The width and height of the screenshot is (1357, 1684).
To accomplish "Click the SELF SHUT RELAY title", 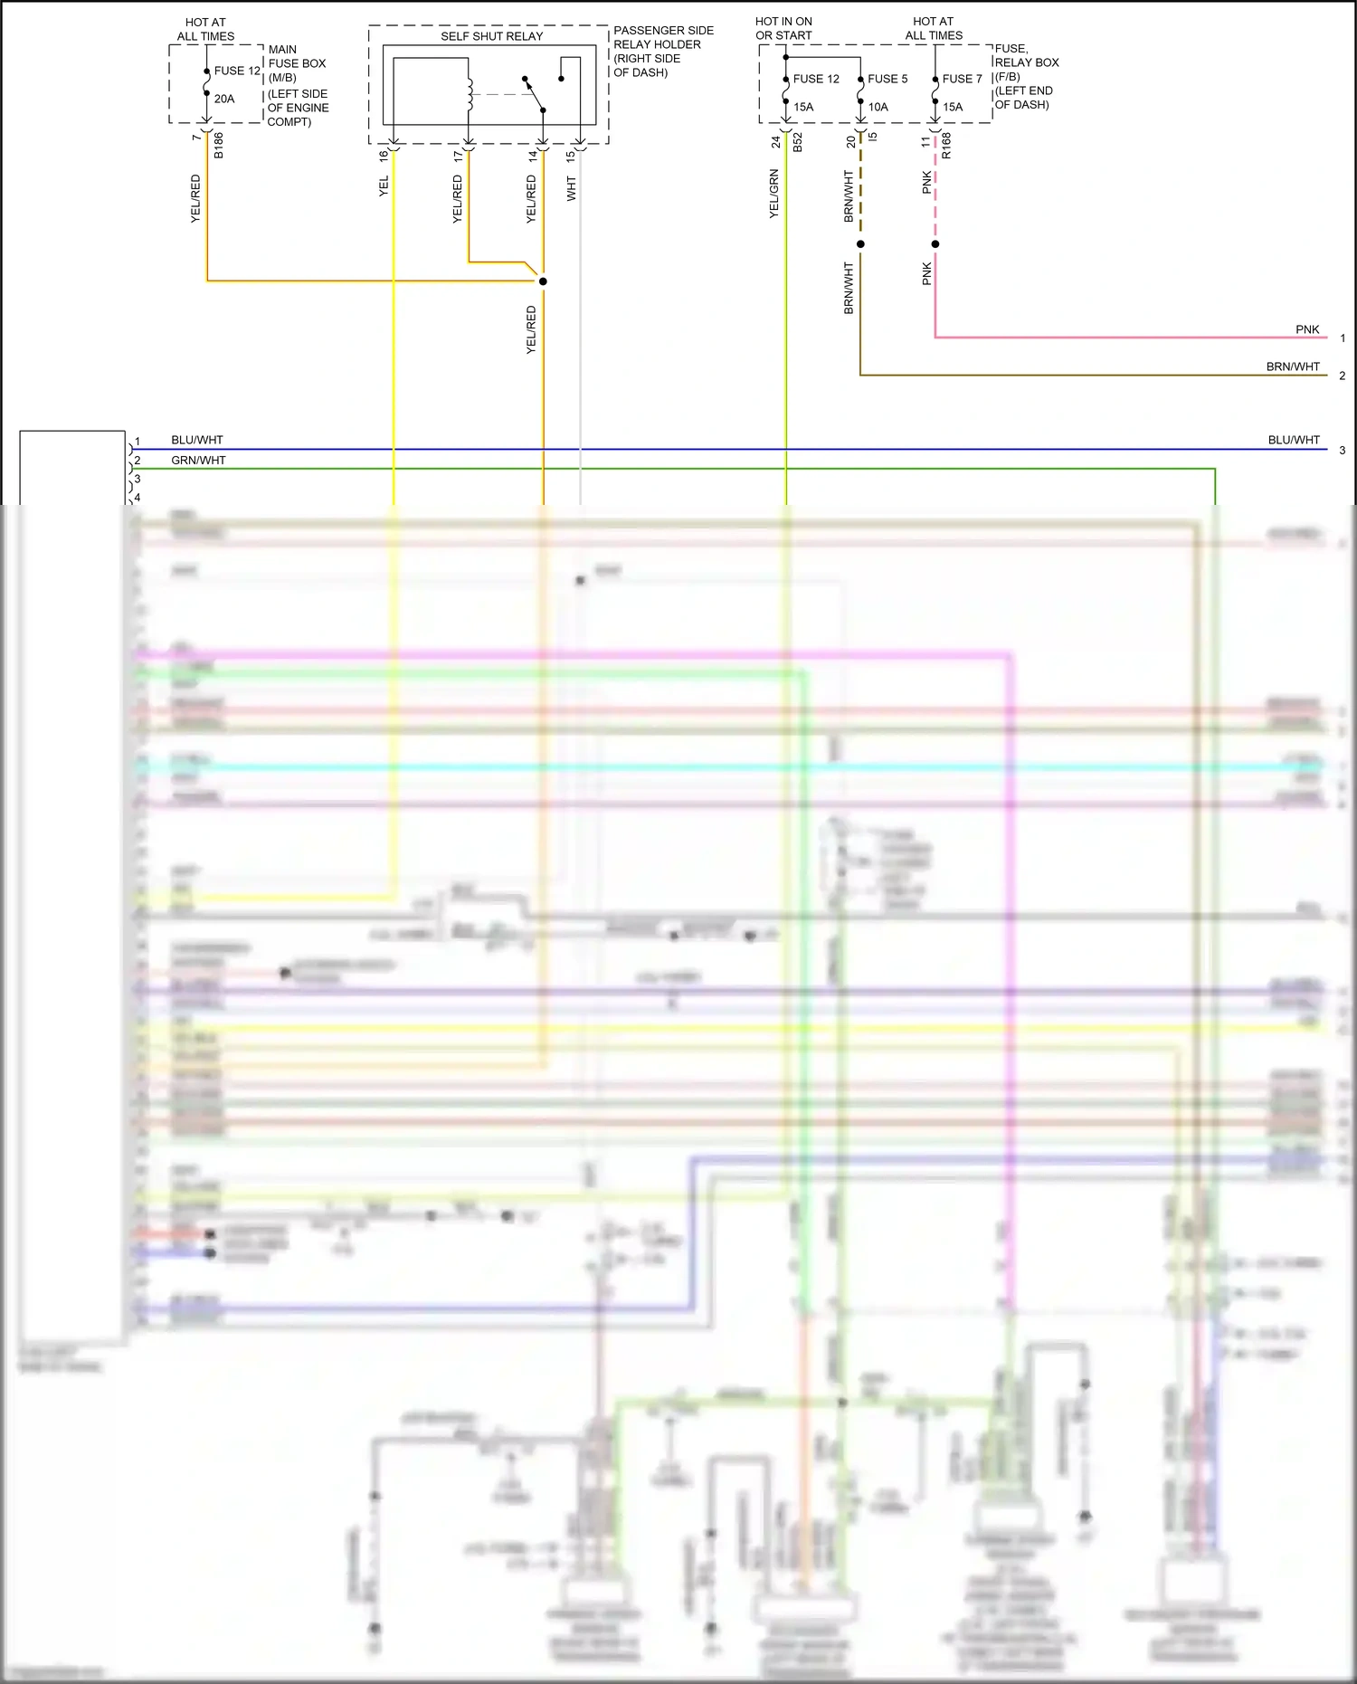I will pos(491,36).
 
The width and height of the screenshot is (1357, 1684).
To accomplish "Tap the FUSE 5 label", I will pos(887,79).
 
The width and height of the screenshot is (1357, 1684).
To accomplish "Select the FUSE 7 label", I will pos(962,79).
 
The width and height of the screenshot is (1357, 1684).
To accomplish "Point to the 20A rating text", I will pos(224,99).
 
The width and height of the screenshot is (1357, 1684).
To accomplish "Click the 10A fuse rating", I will pos(878,107).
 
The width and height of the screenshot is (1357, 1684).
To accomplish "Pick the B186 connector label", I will pos(218,146).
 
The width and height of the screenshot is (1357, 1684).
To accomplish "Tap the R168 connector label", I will pos(946,146).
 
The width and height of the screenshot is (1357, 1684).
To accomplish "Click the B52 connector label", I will pos(797,142).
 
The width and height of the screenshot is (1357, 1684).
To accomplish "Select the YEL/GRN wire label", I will pos(773,194).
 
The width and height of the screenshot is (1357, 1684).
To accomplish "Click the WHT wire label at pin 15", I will pos(571,188).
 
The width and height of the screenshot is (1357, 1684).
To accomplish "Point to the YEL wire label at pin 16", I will pos(384,186).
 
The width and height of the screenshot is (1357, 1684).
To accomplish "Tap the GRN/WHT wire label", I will pos(198,461).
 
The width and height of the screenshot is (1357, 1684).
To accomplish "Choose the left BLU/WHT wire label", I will pos(197,440).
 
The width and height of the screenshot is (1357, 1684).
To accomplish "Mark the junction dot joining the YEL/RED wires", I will pos(543,281).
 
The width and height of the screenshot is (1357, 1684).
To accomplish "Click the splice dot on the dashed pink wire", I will pos(935,244).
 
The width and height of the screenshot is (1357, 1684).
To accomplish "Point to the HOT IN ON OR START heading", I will pos(783,28).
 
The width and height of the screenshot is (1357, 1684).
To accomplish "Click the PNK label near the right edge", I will pos(1307,329).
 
